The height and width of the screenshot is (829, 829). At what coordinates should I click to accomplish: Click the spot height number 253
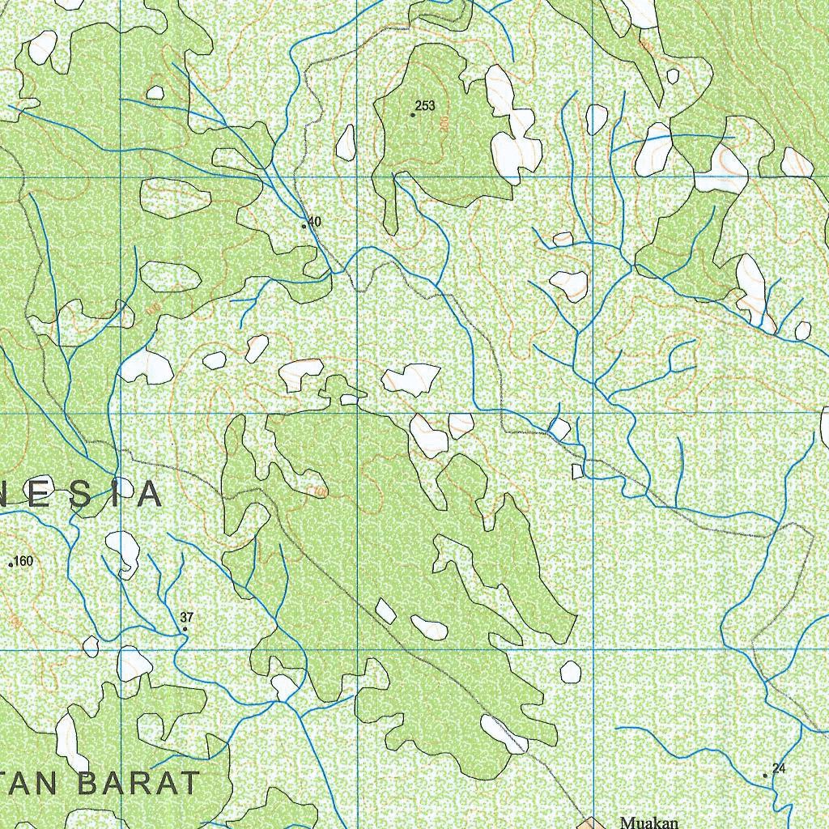coord(425,106)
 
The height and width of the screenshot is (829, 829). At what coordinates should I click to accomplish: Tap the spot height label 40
coord(314,222)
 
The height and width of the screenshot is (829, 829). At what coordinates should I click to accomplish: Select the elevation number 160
coord(23,561)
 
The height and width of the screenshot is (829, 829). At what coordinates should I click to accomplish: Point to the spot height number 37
coord(188,618)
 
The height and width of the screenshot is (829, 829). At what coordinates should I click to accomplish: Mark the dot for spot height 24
coord(765,776)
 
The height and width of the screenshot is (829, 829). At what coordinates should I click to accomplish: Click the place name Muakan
coord(648,823)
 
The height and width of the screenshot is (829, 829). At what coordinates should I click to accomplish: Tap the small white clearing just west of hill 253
coord(346,142)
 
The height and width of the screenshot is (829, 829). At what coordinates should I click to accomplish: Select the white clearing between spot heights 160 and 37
coord(122,552)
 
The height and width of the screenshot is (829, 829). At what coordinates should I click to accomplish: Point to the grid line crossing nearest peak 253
coord(359,176)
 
